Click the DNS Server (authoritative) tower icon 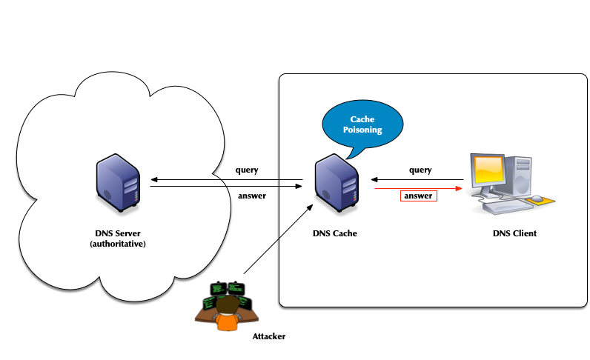pos(117,181)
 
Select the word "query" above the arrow pos(420,170)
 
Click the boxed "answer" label pos(419,196)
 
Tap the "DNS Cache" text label pos(335,233)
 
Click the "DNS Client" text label pos(514,233)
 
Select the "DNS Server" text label pos(117,233)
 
